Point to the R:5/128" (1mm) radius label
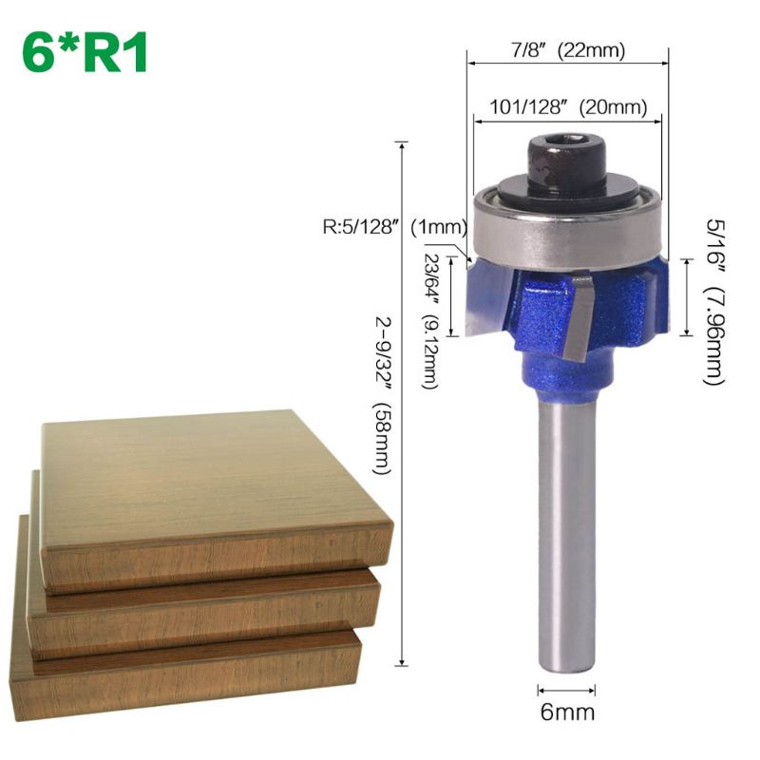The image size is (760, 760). (x=390, y=228)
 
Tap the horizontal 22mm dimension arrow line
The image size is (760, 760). (x=567, y=66)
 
